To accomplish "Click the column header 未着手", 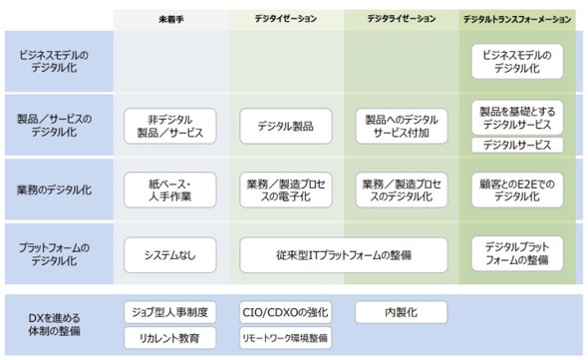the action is [169, 19].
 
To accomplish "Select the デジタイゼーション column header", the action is [284, 19].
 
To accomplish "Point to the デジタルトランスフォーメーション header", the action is [516, 19].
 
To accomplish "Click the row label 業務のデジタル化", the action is [55, 186].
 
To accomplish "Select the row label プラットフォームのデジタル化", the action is [55, 254].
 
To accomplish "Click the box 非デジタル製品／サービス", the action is [169, 126].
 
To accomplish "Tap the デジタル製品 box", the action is [285, 126].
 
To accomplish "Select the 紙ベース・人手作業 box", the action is [169, 186].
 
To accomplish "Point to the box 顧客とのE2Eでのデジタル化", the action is [516, 186].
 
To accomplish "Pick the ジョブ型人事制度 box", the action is [169, 311].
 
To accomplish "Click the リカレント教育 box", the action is [169, 338].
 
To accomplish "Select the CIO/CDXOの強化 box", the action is [285, 311].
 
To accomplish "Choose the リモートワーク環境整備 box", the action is [285, 338].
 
